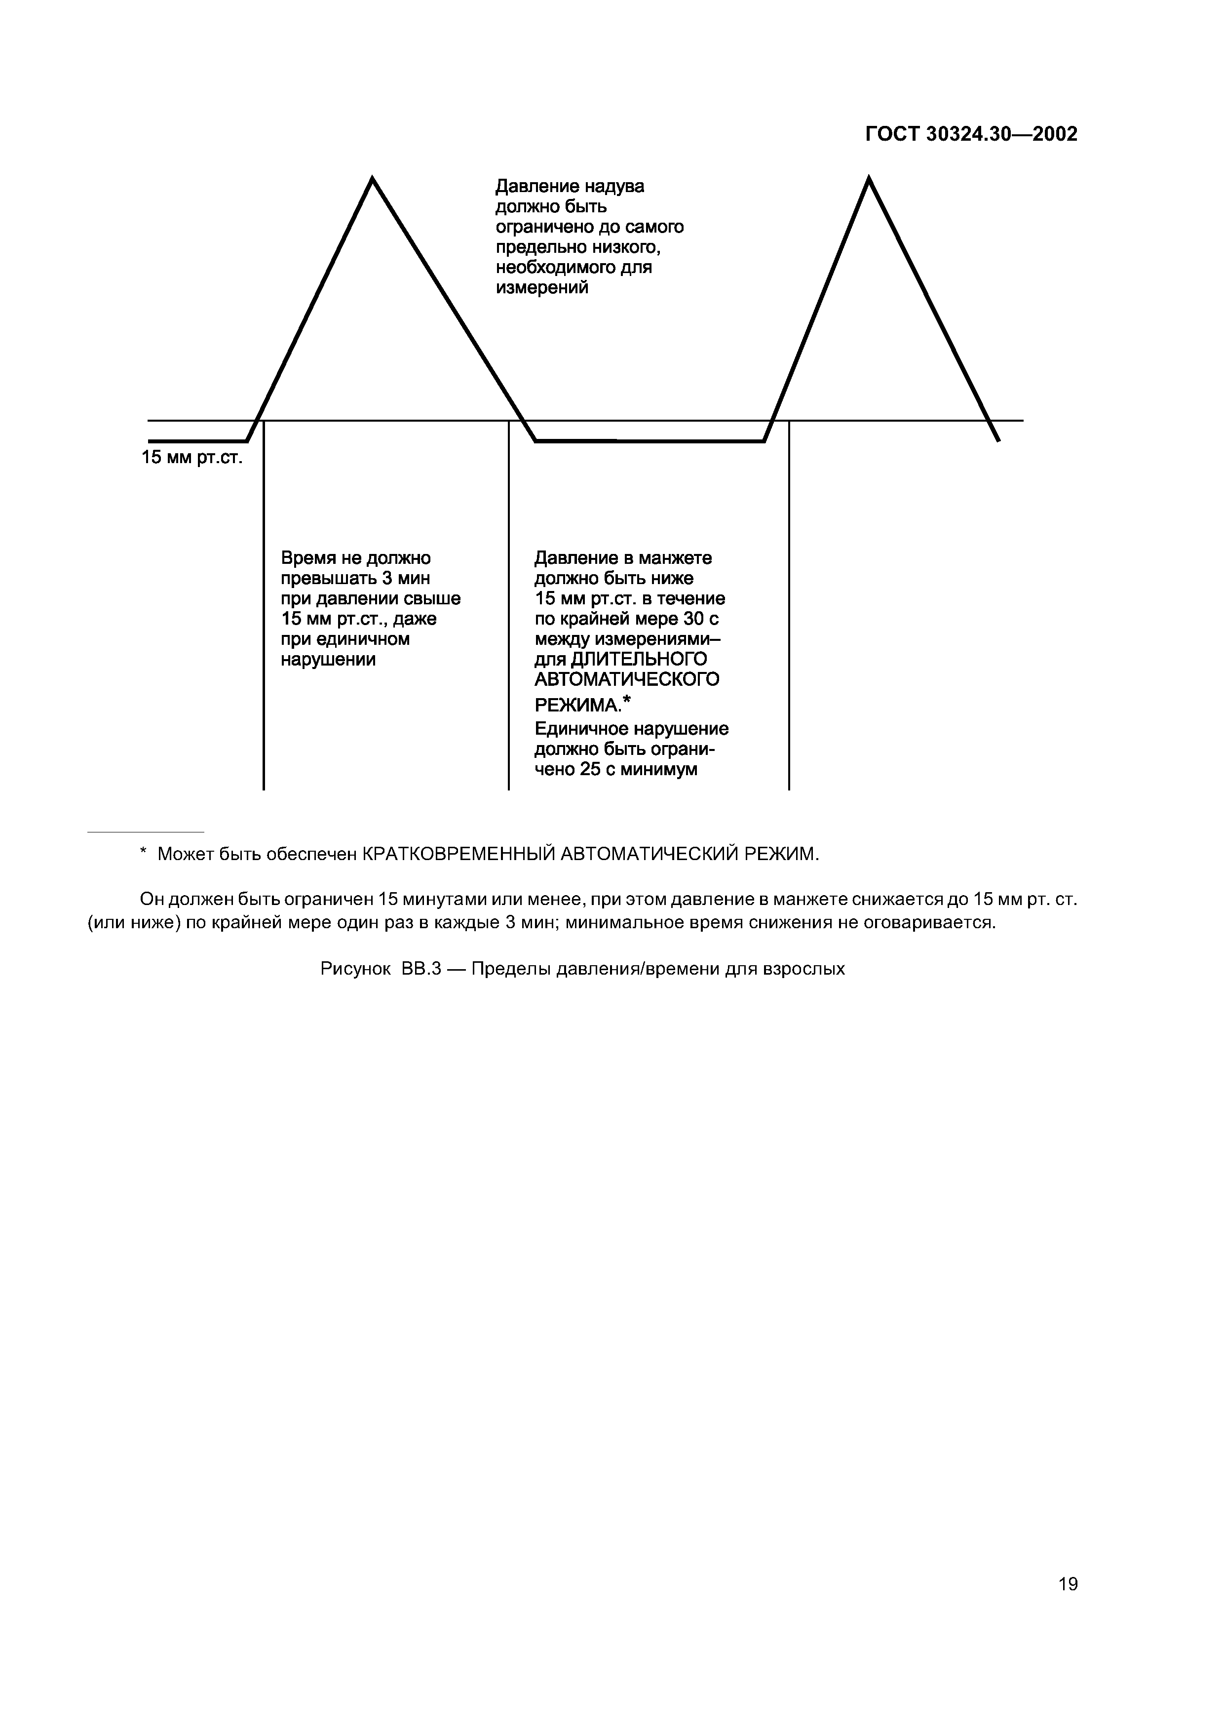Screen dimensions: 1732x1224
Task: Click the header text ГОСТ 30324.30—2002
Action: [x=971, y=134]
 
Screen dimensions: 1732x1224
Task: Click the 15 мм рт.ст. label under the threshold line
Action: [x=192, y=458]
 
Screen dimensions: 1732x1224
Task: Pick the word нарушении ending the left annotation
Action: [x=328, y=659]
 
